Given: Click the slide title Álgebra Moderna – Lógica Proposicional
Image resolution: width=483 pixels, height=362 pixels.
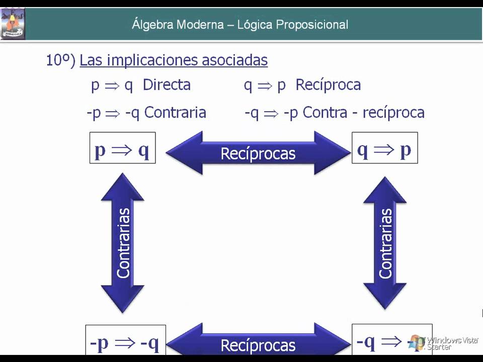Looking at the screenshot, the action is pyautogui.click(x=240, y=24).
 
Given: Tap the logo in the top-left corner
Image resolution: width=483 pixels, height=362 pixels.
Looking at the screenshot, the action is pyautogui.click(x=13, y=24).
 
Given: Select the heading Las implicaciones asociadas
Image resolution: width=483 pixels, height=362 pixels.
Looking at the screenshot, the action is pyautogui.click(x=174, y=60).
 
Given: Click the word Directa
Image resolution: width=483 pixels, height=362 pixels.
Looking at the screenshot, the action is pyautogui.click(x=167, y=85).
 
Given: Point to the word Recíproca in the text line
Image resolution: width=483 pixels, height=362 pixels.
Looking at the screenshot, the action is pyautogui.click(x=328, y=85).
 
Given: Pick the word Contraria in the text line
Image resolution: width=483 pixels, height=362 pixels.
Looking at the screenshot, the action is pyautogui.click(x=175, y=112).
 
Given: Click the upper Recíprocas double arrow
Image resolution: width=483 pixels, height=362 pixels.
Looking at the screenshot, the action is pyautogui.click(x=258, y=153).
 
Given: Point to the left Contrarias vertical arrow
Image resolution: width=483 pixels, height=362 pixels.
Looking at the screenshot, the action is pyautogui.click(x=123, y=242).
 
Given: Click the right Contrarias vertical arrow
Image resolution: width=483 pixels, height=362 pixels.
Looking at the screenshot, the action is pyautogui.click(x=385, y=242).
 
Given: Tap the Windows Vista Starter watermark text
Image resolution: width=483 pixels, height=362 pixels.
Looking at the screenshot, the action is pyautogui.click(x=452, y=343).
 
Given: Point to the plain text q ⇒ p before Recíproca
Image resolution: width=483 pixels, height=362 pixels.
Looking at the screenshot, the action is pyautogui.click(x=265, y=85).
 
